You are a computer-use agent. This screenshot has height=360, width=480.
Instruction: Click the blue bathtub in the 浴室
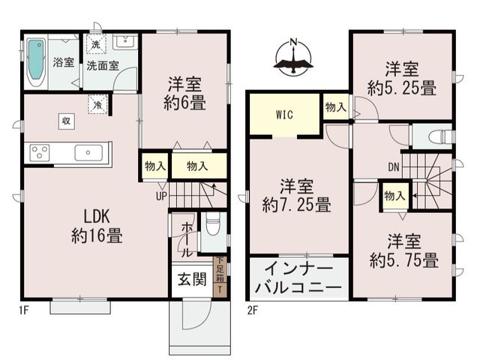point(37,62)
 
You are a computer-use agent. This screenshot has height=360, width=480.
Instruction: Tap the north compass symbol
point(293,57)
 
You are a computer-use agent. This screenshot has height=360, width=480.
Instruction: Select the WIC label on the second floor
point(284,115)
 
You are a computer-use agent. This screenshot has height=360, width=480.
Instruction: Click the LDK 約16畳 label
point(97,226)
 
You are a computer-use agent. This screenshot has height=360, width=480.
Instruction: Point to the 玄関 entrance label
point(192,279)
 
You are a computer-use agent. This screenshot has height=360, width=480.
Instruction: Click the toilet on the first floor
point(212,225)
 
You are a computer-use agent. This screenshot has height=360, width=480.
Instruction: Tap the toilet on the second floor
point(442,136)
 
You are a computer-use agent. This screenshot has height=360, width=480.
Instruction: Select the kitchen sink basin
point(88,152)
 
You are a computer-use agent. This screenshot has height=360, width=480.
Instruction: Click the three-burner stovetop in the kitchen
point(40,152)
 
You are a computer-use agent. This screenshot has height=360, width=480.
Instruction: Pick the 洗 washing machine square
point(96,45)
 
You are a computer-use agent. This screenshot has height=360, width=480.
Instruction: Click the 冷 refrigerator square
point(97,105)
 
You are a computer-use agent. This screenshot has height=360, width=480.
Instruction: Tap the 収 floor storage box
point(67,121)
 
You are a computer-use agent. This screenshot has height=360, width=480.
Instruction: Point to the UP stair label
point(161,196)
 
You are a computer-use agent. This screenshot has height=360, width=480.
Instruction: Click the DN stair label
point(394,167)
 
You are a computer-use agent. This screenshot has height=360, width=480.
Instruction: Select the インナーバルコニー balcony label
point(298,278)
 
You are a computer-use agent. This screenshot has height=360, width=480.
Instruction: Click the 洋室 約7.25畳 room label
point(297,196)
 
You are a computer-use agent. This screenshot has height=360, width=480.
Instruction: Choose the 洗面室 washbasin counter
point(125,42)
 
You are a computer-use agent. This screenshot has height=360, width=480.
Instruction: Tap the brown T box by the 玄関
point(220,289)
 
